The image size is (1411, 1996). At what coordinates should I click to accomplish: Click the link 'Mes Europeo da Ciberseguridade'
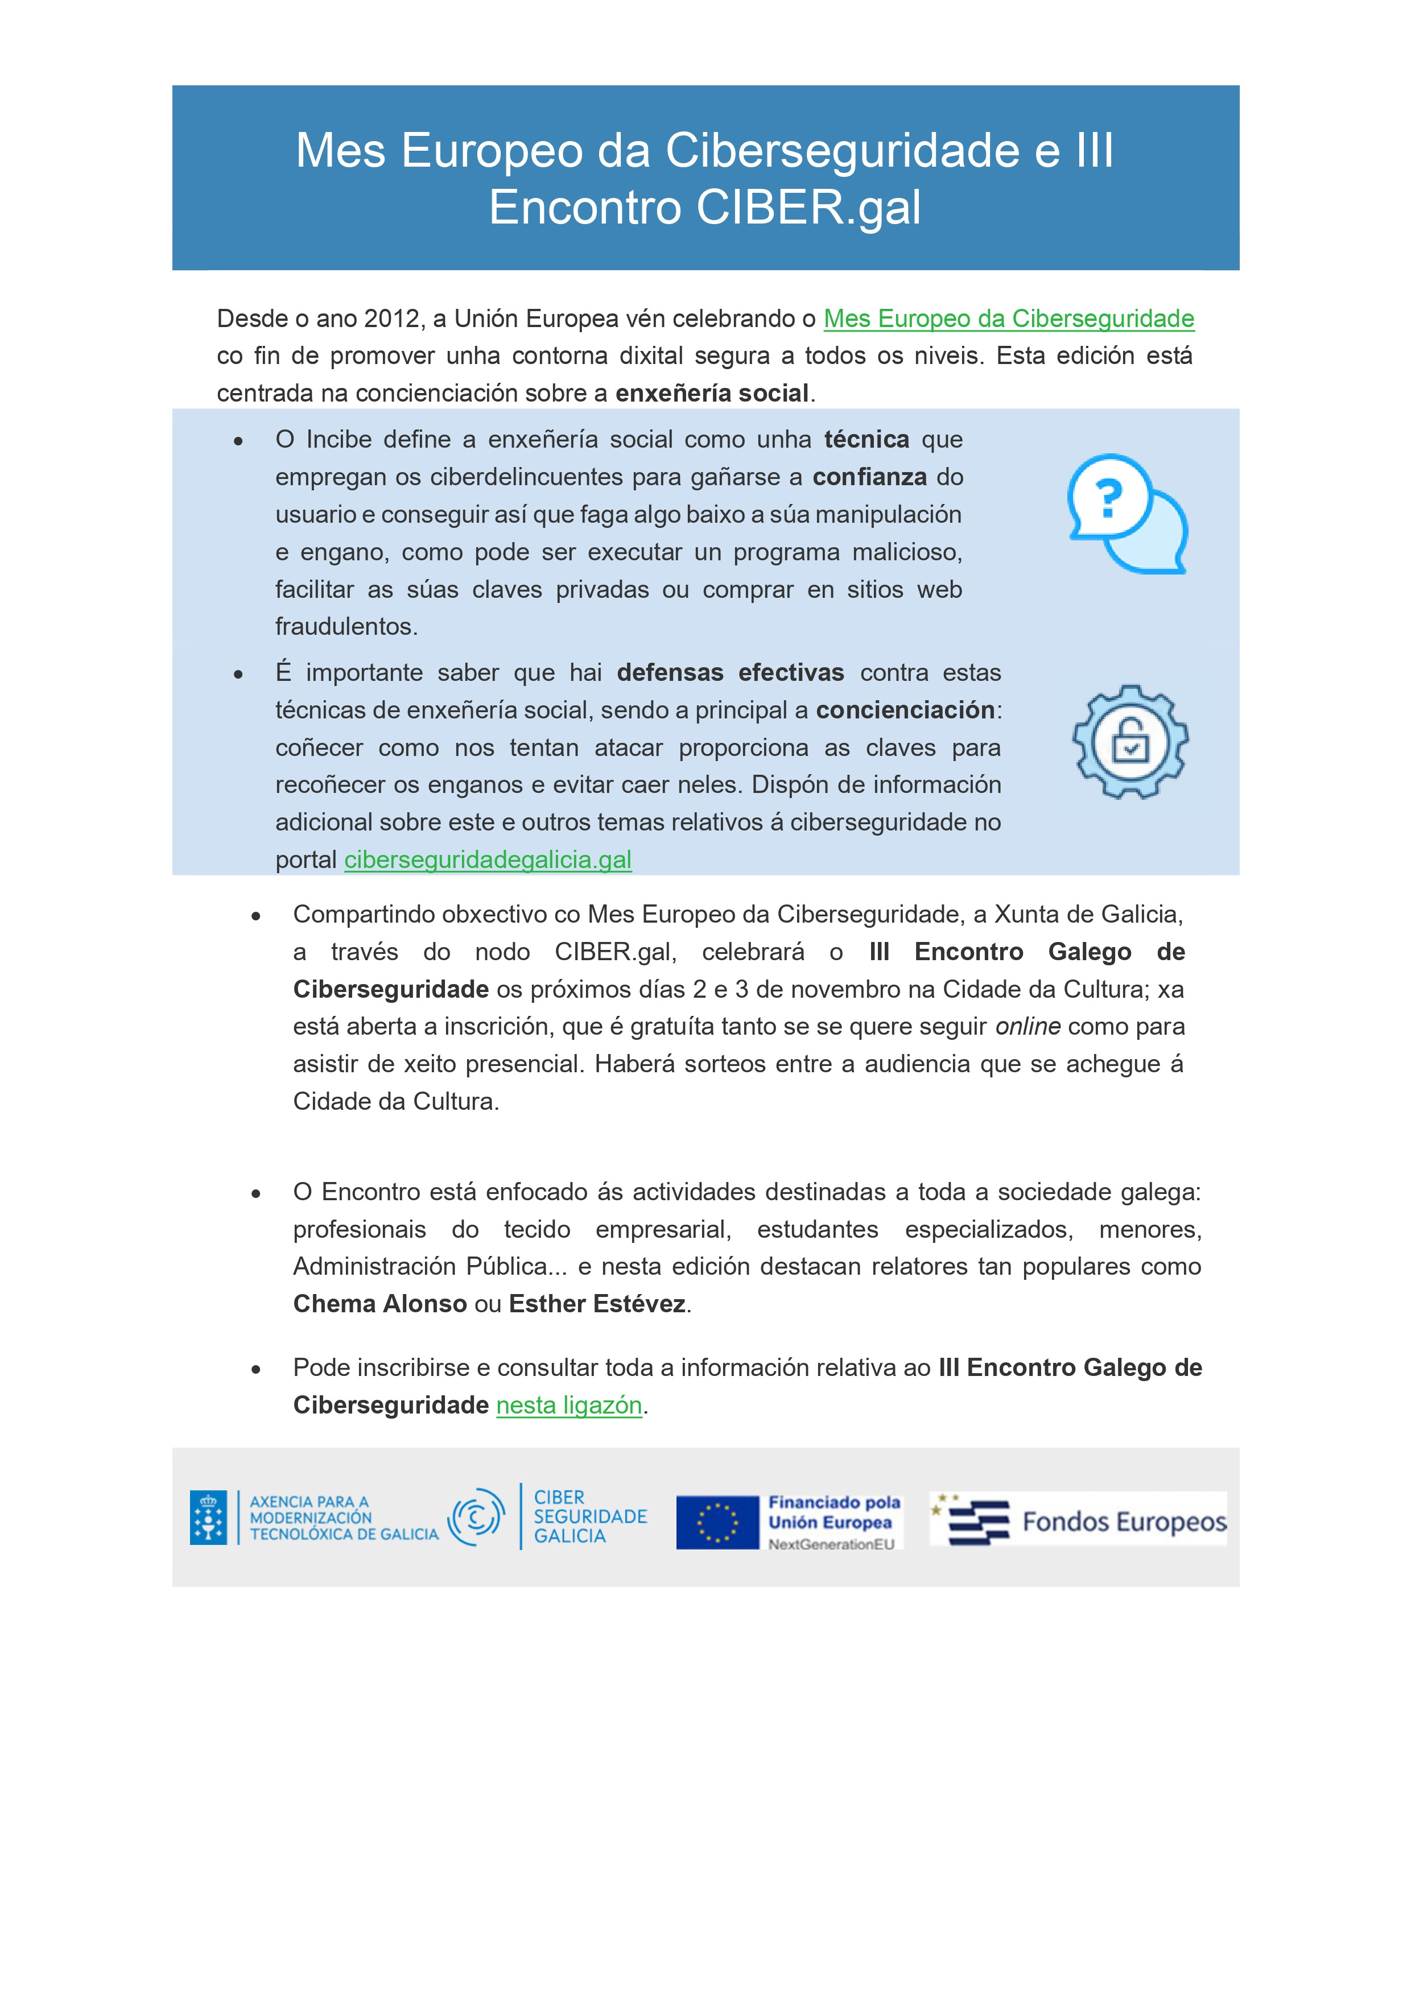coord(1009,319)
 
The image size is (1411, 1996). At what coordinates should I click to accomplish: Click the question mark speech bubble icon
coord(1127,513)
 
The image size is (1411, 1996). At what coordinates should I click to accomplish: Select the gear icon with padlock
coord(1130,742)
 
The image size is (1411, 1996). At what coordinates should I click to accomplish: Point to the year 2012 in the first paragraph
coord(391,319)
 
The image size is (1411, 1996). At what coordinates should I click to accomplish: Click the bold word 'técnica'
coord(867,439)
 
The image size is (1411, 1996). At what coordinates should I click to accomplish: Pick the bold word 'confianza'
coord(869,477)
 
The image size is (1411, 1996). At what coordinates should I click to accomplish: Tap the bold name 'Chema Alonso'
coord(380,1304)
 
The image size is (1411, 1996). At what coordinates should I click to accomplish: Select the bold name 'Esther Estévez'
coord(597,1304)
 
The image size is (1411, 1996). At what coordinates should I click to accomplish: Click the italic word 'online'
coord(1028,1027)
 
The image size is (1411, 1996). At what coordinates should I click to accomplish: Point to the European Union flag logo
coord(717,1522)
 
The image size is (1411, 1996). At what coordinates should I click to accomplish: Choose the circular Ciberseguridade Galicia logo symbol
coord(476,1517)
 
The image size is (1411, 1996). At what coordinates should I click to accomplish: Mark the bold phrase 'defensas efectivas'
coord(731,673)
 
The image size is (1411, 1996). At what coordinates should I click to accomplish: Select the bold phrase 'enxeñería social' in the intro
coord(712,393)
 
